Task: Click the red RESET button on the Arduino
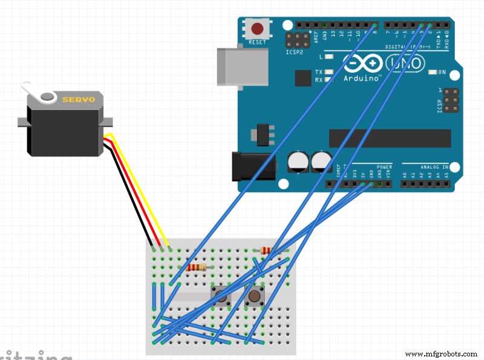coord(258,28)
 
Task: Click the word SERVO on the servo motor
coord(79,99)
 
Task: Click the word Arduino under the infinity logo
coord(361,78)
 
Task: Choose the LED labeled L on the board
coord(329,57)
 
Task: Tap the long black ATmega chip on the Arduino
coord(390,137)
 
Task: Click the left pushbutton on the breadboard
coord(221,296)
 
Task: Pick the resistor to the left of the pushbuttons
coord(197,267)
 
